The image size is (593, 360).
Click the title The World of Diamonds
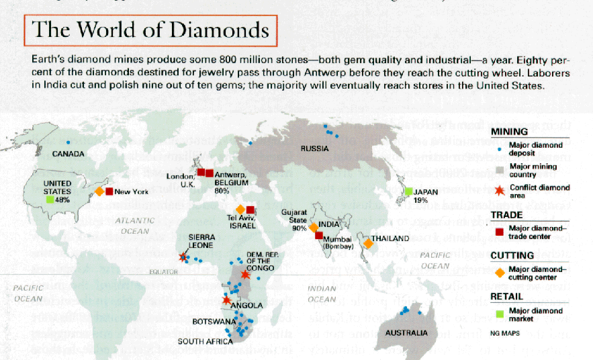tap(150, 30)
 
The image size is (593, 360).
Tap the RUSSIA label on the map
tap(314, 148)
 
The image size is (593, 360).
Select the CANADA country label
tap(69, 154)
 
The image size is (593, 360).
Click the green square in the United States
tap(50, 199)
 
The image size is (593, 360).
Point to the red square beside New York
tap(109, 191)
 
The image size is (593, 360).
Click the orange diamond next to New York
tap(99, 191)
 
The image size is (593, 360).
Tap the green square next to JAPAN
tap(408, 191)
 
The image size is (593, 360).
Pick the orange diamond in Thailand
tap(367, 243)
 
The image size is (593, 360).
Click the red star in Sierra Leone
tap(183, 257)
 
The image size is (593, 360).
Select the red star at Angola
tap(226, 300)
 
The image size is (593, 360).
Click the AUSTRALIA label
tap(407, 333)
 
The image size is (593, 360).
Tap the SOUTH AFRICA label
tap(204, 341)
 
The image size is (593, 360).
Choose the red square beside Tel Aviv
tap(250, 210)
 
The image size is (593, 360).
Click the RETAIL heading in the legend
tap(507, 296)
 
